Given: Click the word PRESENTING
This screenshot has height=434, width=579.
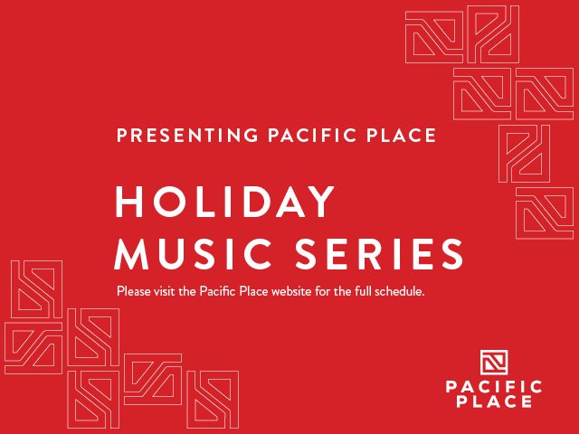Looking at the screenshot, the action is pos(187,135).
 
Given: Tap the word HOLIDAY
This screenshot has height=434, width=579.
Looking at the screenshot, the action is pos(225,202).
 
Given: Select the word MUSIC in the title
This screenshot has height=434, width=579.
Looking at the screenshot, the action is pos(193,253).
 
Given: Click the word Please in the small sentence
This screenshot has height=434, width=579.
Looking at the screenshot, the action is pos(134,291).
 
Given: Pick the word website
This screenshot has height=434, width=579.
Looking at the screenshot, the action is pos(291,291).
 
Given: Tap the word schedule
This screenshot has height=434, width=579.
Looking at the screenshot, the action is pos(400,291).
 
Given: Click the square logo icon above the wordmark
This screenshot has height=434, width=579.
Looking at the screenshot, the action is pos(494,362).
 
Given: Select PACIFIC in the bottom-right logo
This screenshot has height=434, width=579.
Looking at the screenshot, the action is pos(494,387).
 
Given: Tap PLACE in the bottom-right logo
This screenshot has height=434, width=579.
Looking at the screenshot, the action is pos(494,401).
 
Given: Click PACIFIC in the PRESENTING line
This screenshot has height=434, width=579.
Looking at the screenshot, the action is pos(311,135).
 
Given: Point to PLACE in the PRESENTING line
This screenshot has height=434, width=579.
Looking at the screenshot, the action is pos(401,135).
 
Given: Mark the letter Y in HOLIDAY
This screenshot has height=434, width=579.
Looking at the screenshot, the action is pos(319,202).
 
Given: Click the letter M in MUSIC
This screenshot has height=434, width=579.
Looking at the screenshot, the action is pos(131,253).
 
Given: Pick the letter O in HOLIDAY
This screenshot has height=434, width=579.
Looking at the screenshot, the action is pos(170,202).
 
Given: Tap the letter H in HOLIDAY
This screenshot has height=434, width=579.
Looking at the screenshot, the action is pos(129,202).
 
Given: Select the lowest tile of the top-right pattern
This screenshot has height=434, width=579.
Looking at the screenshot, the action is pos(545,213).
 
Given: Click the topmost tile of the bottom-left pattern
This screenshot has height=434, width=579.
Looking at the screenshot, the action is pos(36,289).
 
